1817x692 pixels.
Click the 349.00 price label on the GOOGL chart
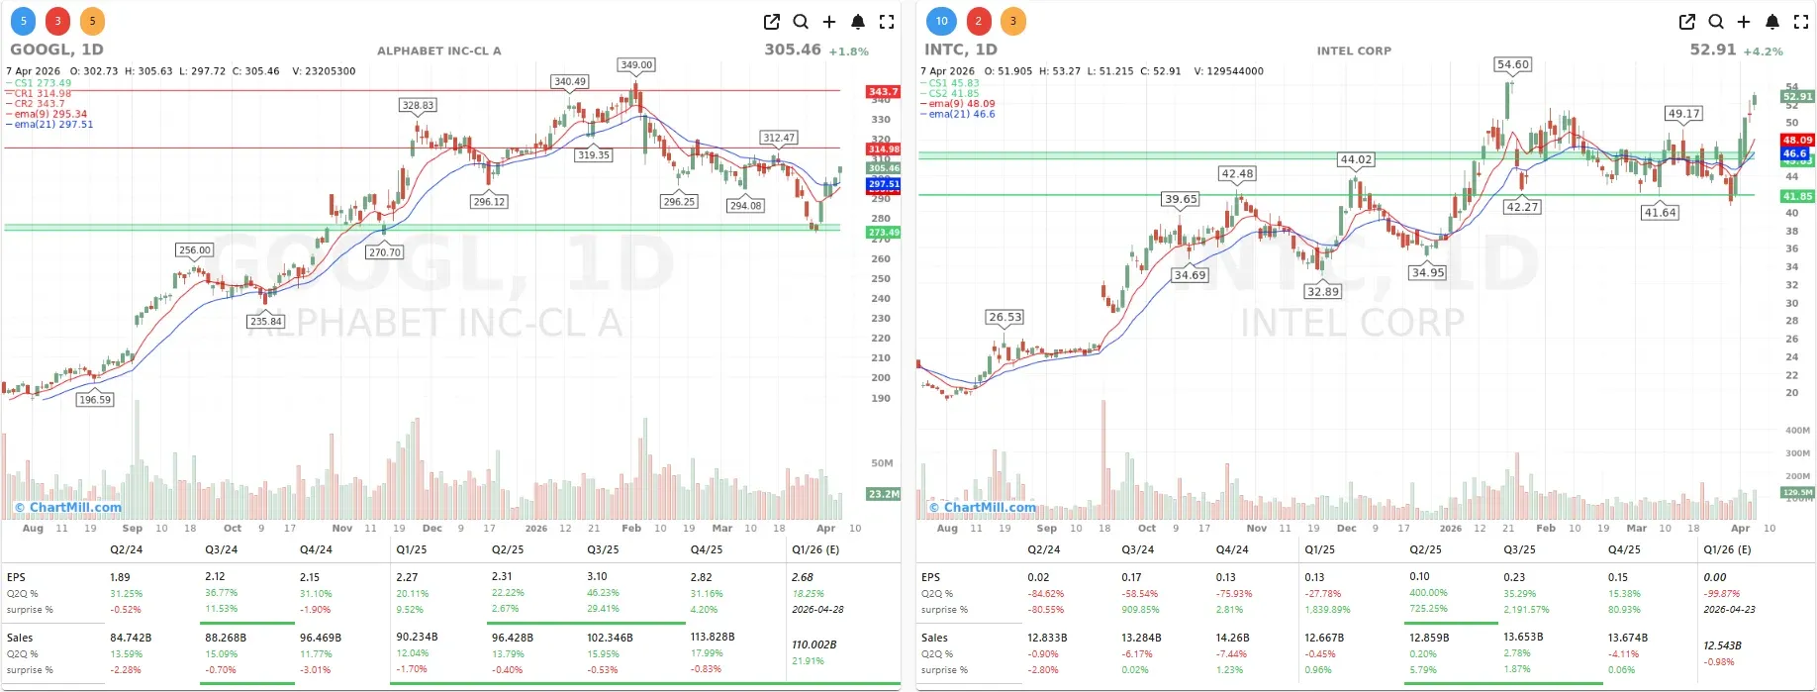(636, 65)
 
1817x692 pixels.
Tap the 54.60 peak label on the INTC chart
(1512, 64)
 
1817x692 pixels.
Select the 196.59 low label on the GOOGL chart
(95, 400)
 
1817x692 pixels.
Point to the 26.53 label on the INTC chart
(1004, 317)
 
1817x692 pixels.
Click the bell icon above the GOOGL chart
(858, 22)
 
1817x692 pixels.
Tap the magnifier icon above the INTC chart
(1716, 22)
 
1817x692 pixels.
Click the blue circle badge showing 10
(941, 21)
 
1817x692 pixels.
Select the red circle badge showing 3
(57, 21)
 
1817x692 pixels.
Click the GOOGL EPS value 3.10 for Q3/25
(597, 576)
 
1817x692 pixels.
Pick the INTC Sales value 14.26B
(1232, 639)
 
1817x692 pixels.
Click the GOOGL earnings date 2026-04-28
(817, 610)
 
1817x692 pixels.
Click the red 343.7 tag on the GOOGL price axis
(883, 92)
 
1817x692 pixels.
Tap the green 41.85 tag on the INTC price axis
(1797, 197)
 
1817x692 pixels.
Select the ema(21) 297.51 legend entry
(53, 125)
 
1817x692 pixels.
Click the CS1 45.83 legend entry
(954, 83)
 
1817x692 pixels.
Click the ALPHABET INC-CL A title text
(438, 50)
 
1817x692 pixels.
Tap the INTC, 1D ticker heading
(960, 49)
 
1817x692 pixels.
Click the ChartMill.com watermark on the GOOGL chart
(68, 508)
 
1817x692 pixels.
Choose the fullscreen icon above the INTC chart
(1801, 22)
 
